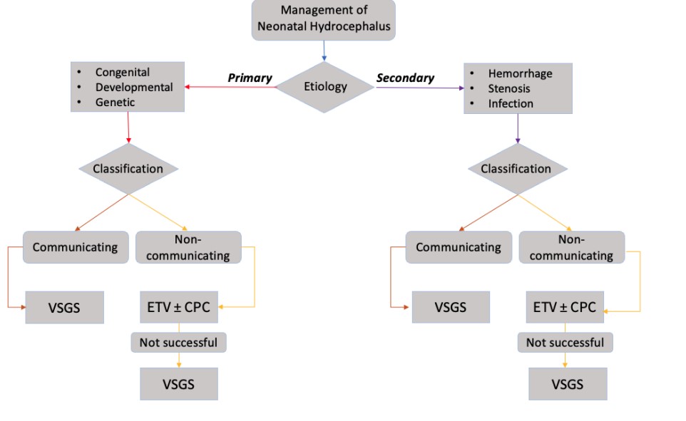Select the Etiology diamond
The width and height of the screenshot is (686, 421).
point(325,87)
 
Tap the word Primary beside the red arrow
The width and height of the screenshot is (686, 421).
point(250,78)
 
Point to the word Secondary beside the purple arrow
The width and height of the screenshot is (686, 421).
point(405,78)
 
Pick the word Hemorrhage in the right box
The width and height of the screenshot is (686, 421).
point(520,73)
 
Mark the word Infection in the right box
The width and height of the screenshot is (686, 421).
point(511,104)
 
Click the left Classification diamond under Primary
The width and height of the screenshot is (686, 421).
point(128,169)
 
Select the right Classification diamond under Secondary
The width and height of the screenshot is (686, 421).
point(516,169)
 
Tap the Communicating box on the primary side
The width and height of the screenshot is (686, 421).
point(75,248)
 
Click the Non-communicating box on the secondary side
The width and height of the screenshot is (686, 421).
point(571,248)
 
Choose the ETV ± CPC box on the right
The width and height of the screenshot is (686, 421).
point(565,308)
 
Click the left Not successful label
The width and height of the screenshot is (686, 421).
point(178,343)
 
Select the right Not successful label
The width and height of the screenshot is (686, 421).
point(565,343)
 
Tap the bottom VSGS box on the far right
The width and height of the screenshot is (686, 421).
point(567,384)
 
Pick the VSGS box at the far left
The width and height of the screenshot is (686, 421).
point(64,307)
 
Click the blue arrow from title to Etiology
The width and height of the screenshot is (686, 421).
point(324,50)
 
